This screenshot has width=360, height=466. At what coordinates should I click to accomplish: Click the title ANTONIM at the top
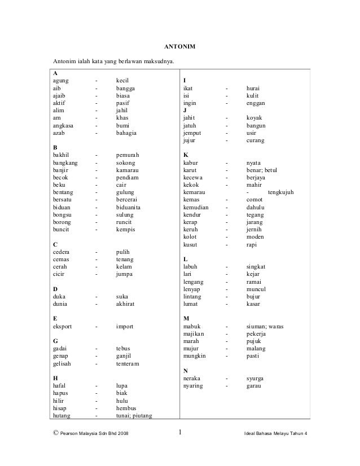point(180,45)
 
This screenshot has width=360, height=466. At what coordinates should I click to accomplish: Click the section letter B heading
point(55,147)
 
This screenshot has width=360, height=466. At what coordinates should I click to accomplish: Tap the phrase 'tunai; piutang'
point(134,415)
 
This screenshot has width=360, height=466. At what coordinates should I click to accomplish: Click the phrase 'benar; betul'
point(262,170)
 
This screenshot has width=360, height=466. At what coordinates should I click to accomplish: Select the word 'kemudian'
point(196,207)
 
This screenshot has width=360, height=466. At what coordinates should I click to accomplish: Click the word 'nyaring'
point(194,386)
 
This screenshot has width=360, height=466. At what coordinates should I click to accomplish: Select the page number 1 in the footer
point(179,433)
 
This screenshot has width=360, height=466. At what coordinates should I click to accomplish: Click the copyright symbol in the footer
point(54,433)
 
